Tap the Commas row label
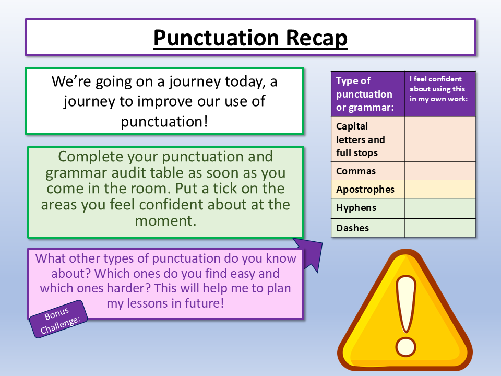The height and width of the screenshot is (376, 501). point(356,171)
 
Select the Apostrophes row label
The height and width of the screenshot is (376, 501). point(365,189)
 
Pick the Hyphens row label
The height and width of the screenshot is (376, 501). point(356,208)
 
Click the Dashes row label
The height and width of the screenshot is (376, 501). point(353,228)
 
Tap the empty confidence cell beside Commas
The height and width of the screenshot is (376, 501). point(440,171)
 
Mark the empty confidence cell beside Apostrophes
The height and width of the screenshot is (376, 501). point(440,189)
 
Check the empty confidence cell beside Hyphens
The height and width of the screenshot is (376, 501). point(440,208)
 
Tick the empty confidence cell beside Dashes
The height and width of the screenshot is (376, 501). point(440,228)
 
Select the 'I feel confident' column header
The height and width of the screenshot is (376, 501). point(440,89)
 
